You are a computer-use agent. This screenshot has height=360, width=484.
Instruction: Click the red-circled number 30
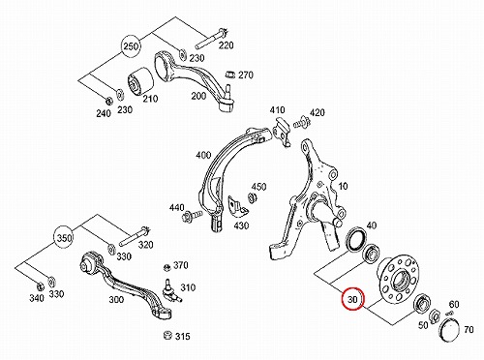pos(352,299)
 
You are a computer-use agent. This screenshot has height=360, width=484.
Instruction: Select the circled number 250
pos(131,46)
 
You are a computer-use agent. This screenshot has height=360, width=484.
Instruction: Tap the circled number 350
pos(64,238)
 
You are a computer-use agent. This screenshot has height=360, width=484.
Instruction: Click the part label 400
pos(203,156)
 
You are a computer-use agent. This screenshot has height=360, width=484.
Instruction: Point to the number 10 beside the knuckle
pos(343,186)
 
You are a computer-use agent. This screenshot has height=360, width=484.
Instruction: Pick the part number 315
pos(183,337)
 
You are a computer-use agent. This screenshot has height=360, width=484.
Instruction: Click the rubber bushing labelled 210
pos(140,81)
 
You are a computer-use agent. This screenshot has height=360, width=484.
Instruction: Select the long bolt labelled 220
pos(211,39)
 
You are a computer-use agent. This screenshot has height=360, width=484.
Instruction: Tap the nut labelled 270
pos(230,75)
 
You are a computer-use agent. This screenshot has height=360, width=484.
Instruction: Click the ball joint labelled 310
pos(169,290)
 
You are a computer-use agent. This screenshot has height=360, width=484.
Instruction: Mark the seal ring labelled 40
pos(355,240)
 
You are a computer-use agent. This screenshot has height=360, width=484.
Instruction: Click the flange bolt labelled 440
pos(192,215)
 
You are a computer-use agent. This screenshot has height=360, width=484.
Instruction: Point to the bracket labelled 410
pos(282,131)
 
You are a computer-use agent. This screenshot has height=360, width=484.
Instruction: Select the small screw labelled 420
pos(301,123)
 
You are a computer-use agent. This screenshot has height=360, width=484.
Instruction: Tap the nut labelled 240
pos(109,101)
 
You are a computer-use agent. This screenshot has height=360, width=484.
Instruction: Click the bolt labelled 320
pos(135,237)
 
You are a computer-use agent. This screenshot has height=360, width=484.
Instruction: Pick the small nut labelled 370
pos(166,267)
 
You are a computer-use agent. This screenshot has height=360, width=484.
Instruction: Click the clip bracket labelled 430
pos(237,205)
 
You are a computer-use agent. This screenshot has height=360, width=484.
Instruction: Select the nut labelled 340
pos(40,286)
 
